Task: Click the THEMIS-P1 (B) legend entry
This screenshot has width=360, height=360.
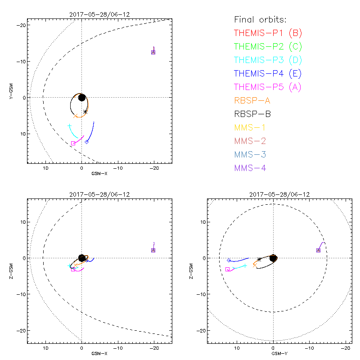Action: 267,33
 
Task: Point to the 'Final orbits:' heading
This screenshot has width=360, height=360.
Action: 261,20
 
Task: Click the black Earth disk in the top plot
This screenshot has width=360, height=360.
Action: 81,97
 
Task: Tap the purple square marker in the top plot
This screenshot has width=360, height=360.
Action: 153,52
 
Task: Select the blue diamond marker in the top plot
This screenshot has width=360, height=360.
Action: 87,142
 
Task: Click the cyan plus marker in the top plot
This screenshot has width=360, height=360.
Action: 69,126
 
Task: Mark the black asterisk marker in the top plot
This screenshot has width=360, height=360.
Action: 85,111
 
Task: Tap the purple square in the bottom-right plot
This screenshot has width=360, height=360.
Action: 318,250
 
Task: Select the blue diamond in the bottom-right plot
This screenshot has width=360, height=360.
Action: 229,260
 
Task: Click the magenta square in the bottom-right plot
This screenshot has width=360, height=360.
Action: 227,269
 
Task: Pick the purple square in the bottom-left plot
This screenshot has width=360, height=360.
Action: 153,250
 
